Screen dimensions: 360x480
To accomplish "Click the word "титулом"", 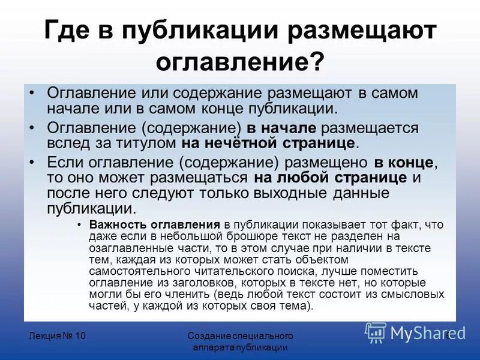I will pyautogui.click(x=152, y=143).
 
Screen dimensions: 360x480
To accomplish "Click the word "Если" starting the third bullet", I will pyautogui.click(x=62, y=162).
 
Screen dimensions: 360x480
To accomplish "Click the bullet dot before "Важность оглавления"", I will pyautogui.click(x=80, y=224).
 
